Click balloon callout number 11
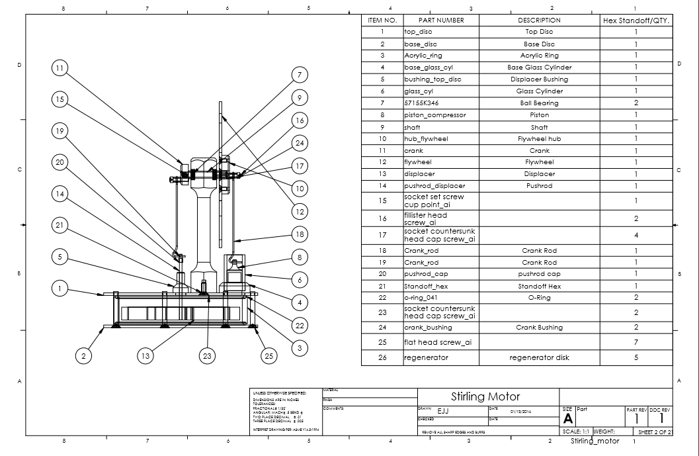(x=60, y=68)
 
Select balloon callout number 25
(x=268, y=355)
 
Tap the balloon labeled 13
(x=146, y=355)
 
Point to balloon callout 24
(x=300, y=143)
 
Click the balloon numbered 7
(x=300, y=75)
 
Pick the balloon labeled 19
(x=60, y=131)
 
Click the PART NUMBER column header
(x=441, y=20)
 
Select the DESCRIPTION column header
(x=539, y=20)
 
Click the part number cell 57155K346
(x=421, y=103)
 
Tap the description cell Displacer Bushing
(x=539, y=79)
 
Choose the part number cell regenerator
(x=426, y=357)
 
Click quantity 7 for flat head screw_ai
(x=636, y=342)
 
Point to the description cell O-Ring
(x=539, y=298)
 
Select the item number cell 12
(x=382, y=162)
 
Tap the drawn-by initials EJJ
(x=443, y=411)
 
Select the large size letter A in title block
(x=567, y=419)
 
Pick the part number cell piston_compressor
(x=435, y=115)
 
